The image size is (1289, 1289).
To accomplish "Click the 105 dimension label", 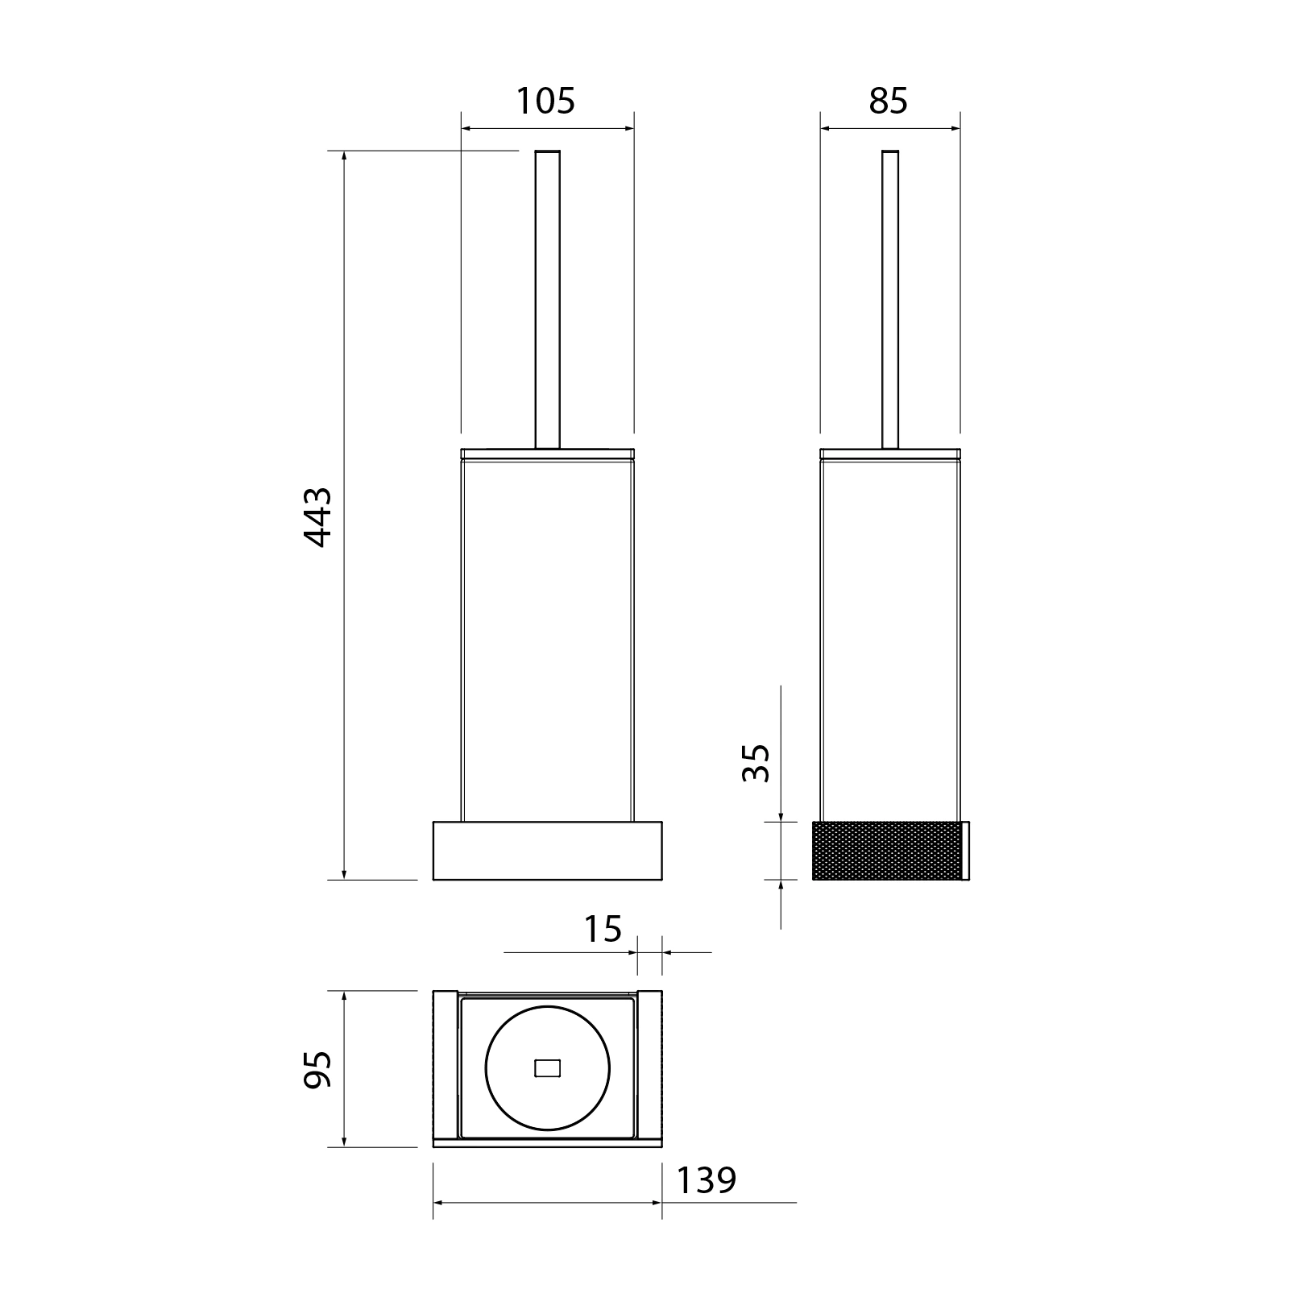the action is (x=545, y=102).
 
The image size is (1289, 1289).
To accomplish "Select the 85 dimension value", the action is (x=889, y=102).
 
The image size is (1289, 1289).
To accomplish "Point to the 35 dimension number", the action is (x=756, y=762).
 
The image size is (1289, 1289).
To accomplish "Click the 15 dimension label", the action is (x=603, y=929).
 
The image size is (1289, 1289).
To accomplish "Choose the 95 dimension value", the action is (x=317, y=1069).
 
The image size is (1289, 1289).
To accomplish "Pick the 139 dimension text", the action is (x=706, y=1181).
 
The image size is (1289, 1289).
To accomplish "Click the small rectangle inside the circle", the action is (x=547, y=1069).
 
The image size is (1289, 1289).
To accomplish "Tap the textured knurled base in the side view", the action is (x=886, y=851).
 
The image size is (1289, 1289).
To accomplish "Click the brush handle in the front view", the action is (x=548, y=299).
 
